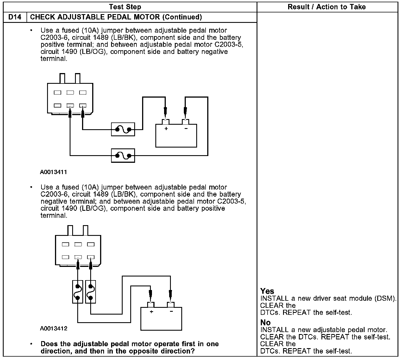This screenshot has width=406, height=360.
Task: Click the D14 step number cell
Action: pos(15,17)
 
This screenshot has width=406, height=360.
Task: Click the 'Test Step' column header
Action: pos(125,7)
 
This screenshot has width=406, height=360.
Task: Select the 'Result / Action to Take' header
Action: pos(326,7)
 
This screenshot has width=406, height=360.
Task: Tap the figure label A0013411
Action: pos(54,172)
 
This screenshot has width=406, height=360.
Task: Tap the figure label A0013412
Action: pos(54,328)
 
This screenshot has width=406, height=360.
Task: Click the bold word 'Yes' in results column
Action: pos(267,291)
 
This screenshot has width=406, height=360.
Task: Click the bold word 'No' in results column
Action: pos(265,322)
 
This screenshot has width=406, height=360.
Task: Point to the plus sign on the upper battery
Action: pos(166,129)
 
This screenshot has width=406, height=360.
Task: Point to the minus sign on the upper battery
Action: pos(186,129)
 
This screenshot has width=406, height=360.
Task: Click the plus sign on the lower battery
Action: pos(151,312)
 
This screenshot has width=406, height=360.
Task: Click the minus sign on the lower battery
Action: pos(171,312)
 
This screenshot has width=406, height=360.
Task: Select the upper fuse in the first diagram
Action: pos(123,129)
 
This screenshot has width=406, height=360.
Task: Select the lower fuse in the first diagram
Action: pos(123,155)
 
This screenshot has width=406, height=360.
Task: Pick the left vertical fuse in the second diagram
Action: pos(78,292)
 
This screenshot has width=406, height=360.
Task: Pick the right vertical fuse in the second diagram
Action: pos(90,292)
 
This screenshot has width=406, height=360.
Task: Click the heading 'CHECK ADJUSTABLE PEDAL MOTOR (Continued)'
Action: pos(116,17)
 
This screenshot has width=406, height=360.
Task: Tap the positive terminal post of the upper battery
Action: pos(166,122)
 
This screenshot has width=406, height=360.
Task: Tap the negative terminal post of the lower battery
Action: pos(171,305)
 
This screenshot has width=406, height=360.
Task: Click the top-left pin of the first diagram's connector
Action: pos(57,92)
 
